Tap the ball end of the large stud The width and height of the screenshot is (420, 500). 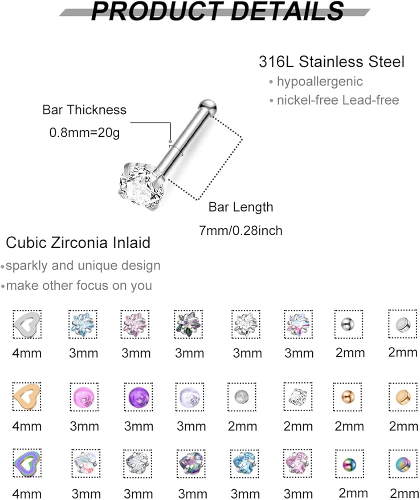point(207,106)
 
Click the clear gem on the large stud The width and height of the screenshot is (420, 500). point(141,187)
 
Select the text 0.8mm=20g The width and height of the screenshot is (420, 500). point(84,132)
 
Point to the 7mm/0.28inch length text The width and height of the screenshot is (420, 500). point(241,230)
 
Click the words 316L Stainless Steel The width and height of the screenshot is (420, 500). point(331,61)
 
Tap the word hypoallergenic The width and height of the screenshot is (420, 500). point(319,81)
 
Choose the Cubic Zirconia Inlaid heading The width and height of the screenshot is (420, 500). point(78,242)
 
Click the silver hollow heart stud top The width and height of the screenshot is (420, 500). point(27,323)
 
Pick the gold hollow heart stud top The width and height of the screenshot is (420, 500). point(27,396)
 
